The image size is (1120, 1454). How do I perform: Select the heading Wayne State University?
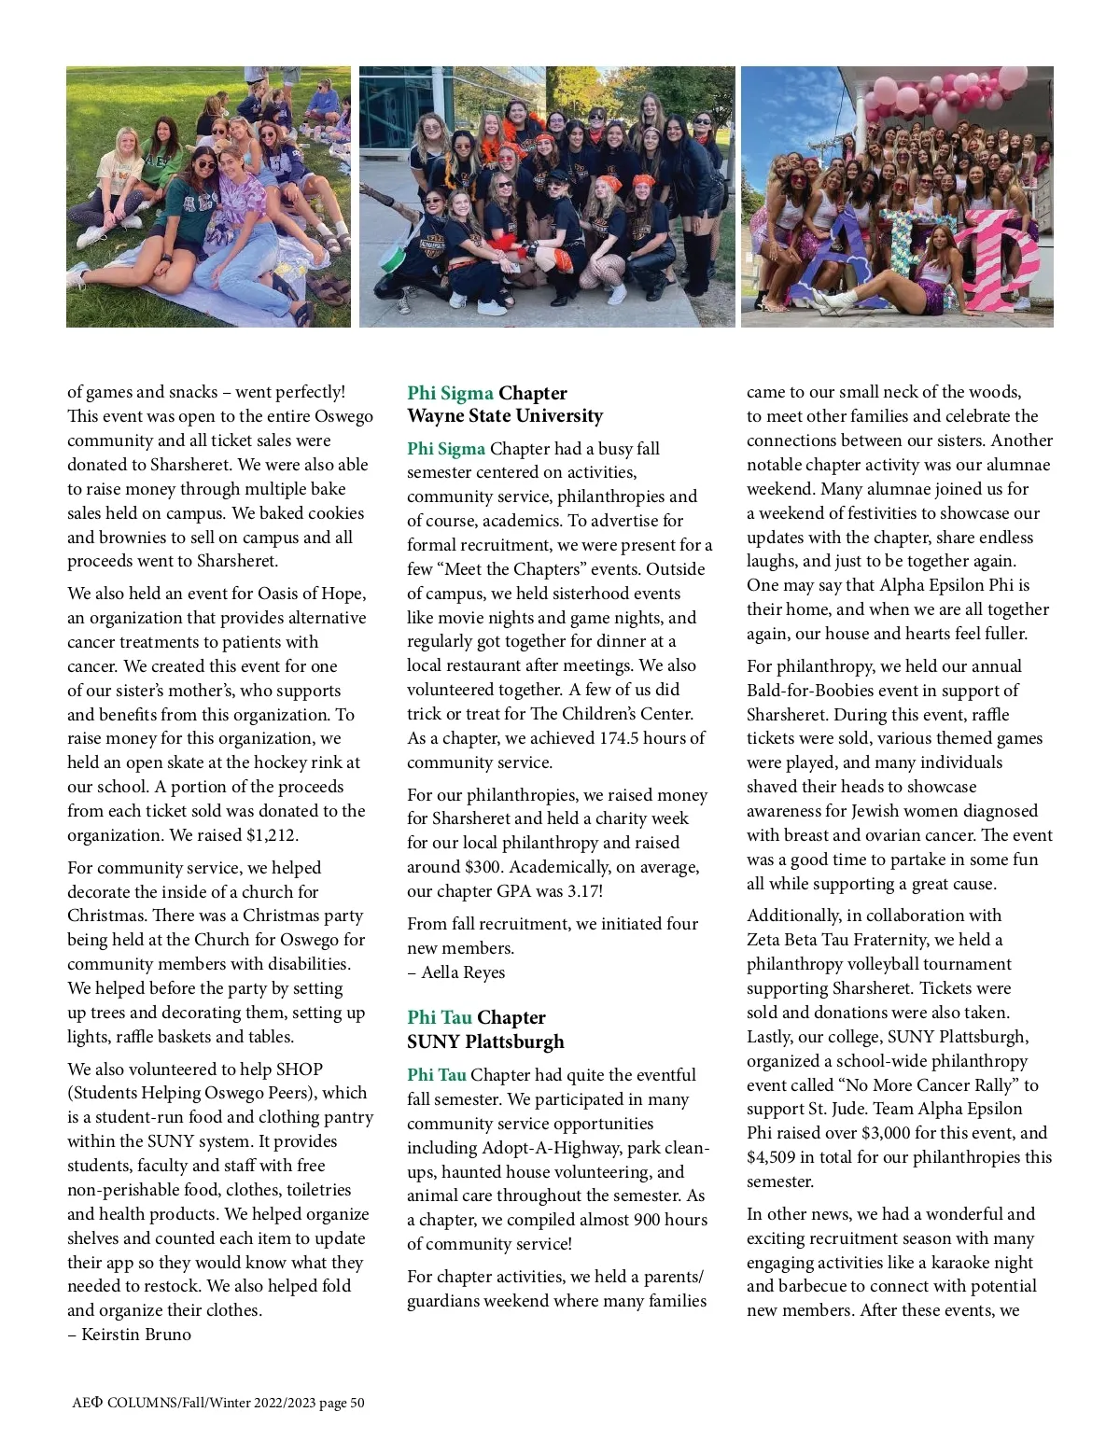(x=505, y=416)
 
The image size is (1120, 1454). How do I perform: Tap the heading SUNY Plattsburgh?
(x=485, y=1042)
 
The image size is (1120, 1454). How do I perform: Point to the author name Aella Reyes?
(x=463, y=972)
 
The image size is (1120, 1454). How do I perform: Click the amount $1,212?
(x=272, y=835)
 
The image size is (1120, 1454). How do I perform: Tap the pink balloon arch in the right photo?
(x=933, y=93)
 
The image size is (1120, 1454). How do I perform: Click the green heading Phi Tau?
(x=439, y=1017)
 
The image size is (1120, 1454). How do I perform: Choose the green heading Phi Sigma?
(x=450, y=393)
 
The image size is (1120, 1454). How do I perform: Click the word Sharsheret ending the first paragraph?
(x=235, y=562)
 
